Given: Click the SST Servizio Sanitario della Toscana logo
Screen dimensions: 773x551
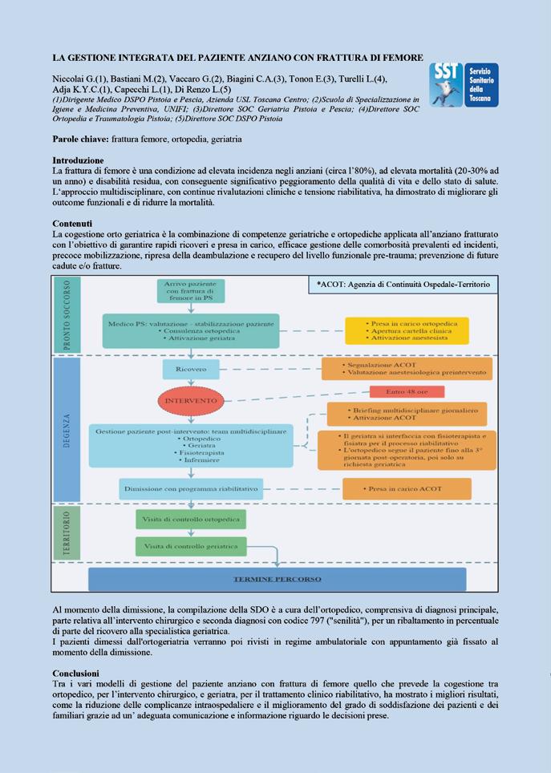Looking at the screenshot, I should tap(464, 85).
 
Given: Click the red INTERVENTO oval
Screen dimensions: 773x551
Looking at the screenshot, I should tap(191, 399).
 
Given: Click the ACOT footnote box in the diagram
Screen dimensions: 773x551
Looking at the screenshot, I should tap(402, 285).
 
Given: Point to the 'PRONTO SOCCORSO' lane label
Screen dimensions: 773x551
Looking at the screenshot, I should tap(67, 315).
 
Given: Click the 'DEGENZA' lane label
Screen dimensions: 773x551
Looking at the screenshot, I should tap(67, 431).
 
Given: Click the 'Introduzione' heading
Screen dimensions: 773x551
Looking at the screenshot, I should tap(78, 160).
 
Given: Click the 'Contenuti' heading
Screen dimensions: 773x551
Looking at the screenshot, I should tap(72, 223).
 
